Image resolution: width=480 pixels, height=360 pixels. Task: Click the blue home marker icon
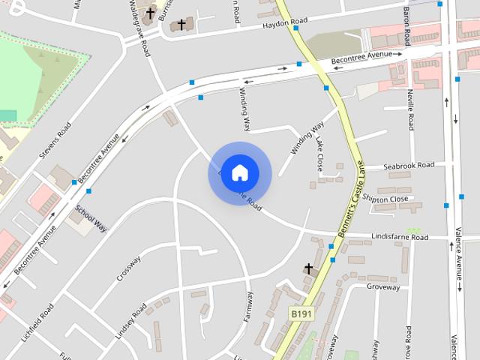click(x=239, y=172)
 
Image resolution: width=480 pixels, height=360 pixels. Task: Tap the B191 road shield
click(x=301, y=313)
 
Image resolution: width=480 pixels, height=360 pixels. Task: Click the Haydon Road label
click(x=285, y=25)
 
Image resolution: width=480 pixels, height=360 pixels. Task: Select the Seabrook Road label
click(x=409, y=165)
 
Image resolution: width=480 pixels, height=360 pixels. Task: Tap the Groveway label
click(x=383, y=286)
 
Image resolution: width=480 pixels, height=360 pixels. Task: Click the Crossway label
click(x=128, y=268)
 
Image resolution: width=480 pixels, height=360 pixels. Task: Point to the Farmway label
click(x=249, y=307)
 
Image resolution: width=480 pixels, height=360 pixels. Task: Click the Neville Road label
click(x=410, y=109)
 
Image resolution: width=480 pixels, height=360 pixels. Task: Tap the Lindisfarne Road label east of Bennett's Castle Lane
click(x=400, y=237)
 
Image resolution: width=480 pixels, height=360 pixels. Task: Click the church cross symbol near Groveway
click(x=307, y=268)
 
